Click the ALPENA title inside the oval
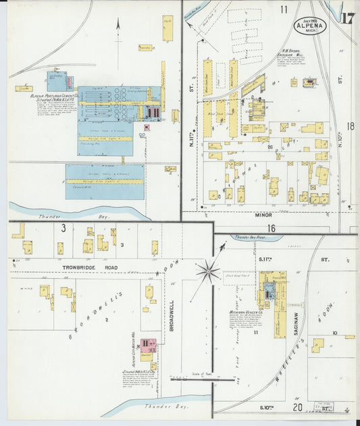[308, 26]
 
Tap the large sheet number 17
[349, 18]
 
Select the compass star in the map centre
[207, 272]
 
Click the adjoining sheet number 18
[350, 126]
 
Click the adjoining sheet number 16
[272, 228]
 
